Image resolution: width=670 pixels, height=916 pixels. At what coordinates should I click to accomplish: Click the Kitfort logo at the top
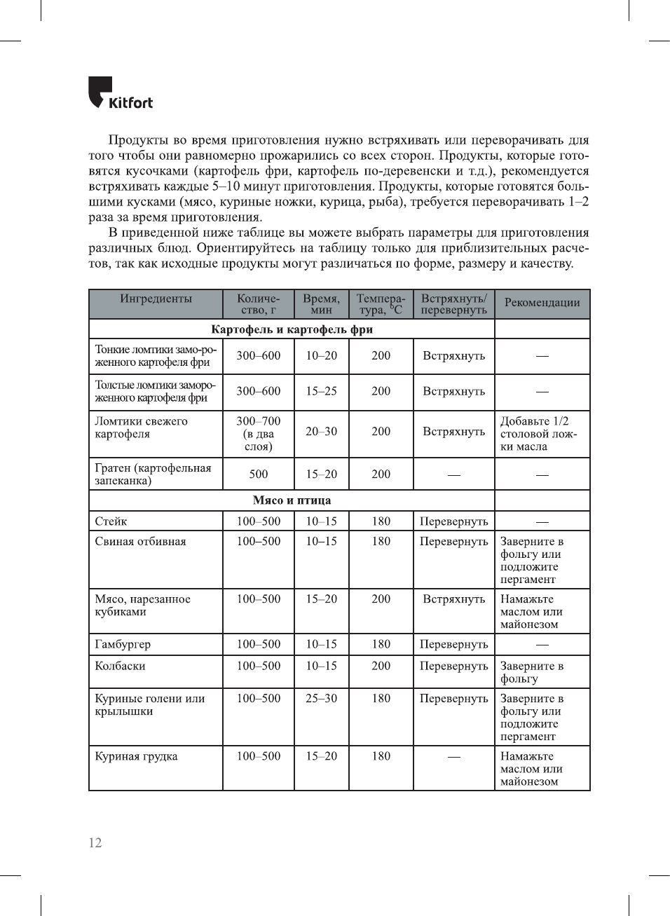pyautogui.click(x=120, y=94)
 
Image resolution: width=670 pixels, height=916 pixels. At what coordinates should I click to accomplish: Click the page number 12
pyautogui.click(x=95, y=842)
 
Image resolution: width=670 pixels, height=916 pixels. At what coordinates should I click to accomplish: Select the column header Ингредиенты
pyautogui.click(x=156, y=299)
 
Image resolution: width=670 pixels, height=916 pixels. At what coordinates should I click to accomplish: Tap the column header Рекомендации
pyautogui.click(x=542, y=303)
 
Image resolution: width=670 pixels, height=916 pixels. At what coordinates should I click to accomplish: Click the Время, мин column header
pyautogui.click(x=321, y=304)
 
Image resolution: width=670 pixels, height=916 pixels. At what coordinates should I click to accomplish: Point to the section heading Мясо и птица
pyautogui.click(x=292, y=500)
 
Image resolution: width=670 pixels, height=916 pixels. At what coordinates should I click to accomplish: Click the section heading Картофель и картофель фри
pyautogui.click(x=292, y=329)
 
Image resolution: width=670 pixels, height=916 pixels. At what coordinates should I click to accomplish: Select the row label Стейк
pyautogui.click(x=111, y=521)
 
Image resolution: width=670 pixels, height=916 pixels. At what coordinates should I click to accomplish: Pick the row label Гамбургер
pyautogui.click(x=123, y=644)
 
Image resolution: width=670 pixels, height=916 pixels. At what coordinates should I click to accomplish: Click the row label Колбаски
pyautogui.click(x=120, y=666)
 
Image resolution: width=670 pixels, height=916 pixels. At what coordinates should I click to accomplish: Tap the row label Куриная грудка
pyautogui.click(x=136, y=756)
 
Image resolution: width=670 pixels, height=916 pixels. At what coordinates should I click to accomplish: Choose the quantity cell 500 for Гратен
pyautogui.click(x=258, y=474)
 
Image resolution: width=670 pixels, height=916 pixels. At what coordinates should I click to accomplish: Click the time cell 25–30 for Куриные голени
pyautogui.click(x=321, y=699)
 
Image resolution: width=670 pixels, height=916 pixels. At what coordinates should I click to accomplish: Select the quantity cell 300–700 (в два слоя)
pyautogui.click(x=258, y=434)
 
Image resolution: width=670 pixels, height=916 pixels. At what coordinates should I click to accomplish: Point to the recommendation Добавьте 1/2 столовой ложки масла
pyautogui.click(x=538, y=434)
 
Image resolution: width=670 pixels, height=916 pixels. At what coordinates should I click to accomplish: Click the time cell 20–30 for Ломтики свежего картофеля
pyautogui.click(x=321, y=432)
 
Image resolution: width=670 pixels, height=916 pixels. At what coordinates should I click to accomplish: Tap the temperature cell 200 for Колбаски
pyautogui.click(x=381, y=666)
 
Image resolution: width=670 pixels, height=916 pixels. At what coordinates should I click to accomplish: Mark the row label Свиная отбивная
pyautogui.click(x=140, y=542)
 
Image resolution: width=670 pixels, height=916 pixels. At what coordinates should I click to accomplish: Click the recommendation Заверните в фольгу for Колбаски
pyautogui.click(x=531, y=672)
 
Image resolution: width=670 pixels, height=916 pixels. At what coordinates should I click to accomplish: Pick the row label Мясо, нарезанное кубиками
pyautogui.click(x=142, y=606)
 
